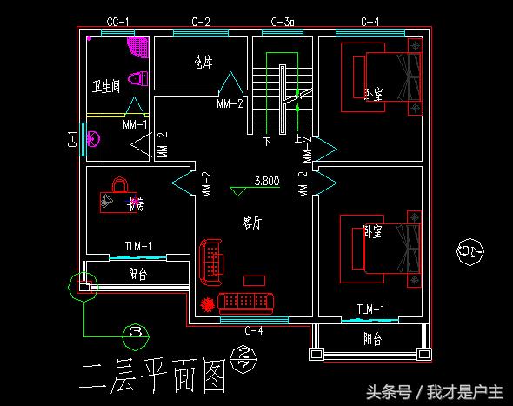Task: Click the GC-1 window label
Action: point(118,21)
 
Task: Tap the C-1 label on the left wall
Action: point(72,139)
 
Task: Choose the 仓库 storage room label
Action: point(203,63)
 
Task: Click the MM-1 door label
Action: point(135,124)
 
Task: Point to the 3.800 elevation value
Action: point(266,182)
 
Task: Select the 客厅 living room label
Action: point(252,223)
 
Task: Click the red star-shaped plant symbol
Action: point(207,304)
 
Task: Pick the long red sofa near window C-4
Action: point(247,303)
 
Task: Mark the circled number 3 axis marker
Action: point(135,332)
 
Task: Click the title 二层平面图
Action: point(152,376)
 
